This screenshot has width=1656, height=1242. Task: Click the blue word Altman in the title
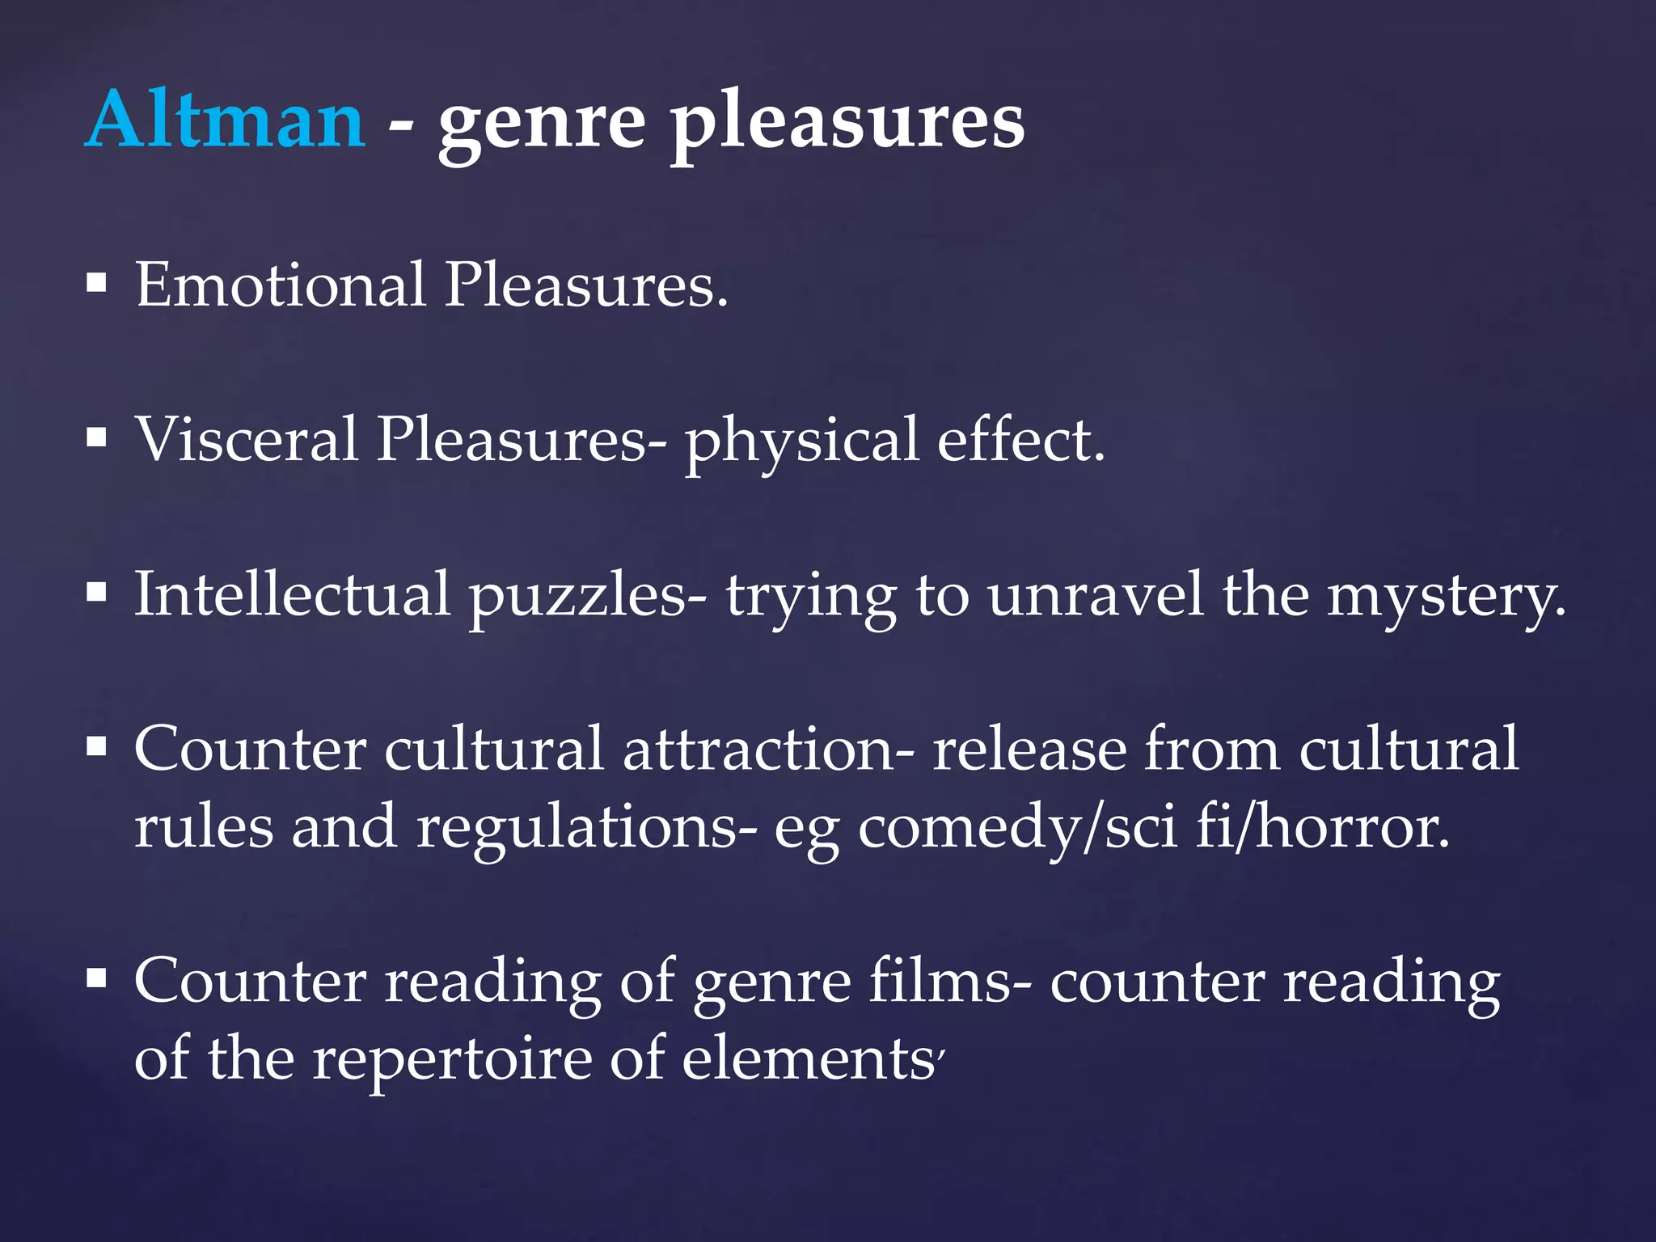(x=225, y=121)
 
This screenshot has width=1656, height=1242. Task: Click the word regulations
(x=587, y=830)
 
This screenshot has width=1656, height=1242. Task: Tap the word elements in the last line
(x=809, y=1059)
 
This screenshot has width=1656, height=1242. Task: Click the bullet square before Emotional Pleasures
(x=97, y=284)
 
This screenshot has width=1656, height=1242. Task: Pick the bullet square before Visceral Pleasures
(x=97, y=438)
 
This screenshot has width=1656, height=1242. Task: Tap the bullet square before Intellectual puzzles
(x=97, y=594)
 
